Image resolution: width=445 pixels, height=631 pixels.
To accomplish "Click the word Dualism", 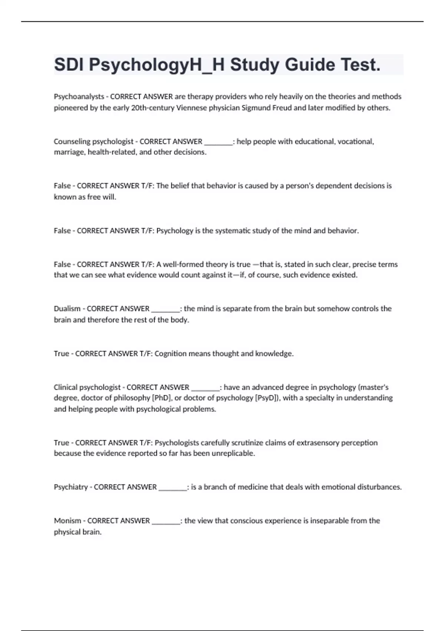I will pos(67,308).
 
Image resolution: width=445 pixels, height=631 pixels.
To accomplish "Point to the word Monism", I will pos(67,521).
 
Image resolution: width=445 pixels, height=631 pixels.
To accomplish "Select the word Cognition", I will pos(171,353).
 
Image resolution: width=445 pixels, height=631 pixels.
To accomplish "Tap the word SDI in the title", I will pos(69,65).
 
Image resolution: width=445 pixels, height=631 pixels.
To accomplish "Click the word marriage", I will pos(69,152).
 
